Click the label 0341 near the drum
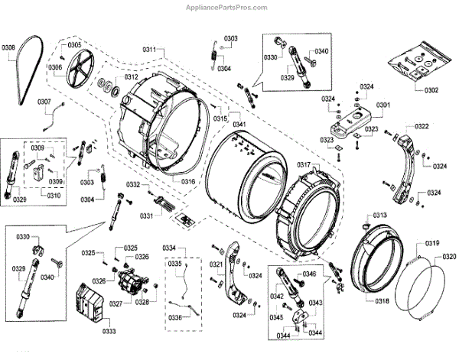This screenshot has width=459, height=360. (239, 124)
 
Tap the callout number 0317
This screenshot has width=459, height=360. (304, 166)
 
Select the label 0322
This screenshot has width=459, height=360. (421, 126)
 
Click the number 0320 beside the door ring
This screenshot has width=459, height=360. (449, 256)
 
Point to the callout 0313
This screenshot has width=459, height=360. (380, 216)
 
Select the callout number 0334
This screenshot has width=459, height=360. (169, 248)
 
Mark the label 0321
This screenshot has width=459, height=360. (216, 265)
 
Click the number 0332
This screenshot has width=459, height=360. (133, 185)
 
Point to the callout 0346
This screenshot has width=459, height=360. (309, 274)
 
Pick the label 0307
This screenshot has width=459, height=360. (44, 102)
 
